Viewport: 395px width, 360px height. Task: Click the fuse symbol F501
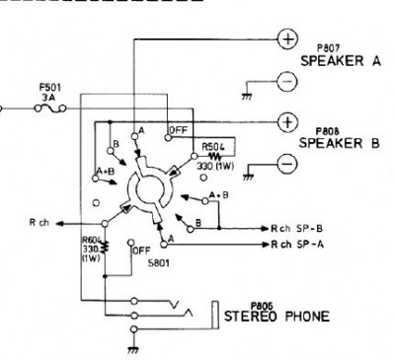pos(50,108)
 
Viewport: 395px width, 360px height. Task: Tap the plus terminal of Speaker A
pos(288,39)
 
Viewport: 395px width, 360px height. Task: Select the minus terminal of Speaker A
pos(287,82)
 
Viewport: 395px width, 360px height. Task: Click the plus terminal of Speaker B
pos(288,122)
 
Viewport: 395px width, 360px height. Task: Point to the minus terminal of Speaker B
pos(287,164)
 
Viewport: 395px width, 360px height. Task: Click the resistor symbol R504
pos(215,156)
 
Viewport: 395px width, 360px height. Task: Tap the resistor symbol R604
pos(106,248)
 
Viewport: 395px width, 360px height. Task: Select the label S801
pos(159,263)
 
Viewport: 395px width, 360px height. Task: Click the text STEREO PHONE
pos(276,317)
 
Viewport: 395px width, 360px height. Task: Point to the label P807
pos(328,48)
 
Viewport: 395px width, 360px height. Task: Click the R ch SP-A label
pos(297,245)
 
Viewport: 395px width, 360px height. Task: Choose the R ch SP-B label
pos(296,228)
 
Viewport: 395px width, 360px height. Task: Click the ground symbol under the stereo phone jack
pos(133,350)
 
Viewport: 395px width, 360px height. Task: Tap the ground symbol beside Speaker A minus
pos(247,97)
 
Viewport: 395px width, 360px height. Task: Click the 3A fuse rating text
pos(49,98)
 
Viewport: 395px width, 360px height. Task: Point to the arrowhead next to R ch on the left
pos(59,224)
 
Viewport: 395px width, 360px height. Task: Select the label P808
pos(328,131)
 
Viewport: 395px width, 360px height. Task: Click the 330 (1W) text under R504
pos(215,166)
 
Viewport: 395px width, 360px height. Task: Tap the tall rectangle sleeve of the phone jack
pos(215,315)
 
